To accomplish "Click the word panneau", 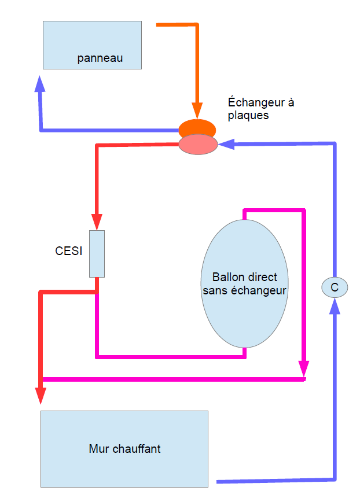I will [100, 58].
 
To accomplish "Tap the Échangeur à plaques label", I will [260, 109].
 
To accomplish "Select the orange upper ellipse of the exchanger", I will [197, 127].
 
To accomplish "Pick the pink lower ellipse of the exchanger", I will [198, 143].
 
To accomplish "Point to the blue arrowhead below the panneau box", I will [39, 84].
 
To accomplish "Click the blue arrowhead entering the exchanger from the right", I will [226, 143].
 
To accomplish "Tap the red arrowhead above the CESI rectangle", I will [97, 222].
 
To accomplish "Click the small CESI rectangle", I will [97, 253].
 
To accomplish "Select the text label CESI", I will [69, 251].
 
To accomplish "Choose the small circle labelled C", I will [334, 286].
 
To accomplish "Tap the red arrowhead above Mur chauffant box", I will [41, 395].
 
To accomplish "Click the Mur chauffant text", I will [124, 448].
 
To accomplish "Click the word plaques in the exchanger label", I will [248, 115].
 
